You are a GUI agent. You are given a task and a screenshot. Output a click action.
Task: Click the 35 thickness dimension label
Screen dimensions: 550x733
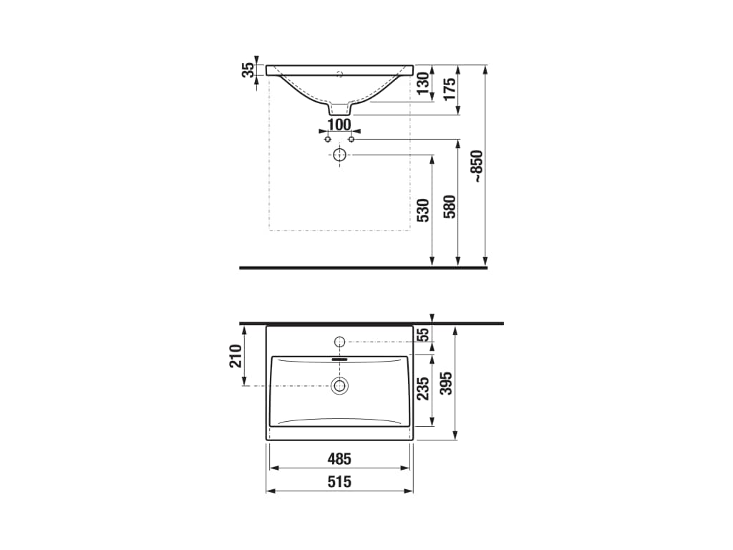(248, 70)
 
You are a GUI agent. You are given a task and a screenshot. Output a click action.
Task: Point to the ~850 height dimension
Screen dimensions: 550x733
(478, 166)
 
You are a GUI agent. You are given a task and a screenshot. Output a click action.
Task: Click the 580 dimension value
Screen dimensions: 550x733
(450, 206)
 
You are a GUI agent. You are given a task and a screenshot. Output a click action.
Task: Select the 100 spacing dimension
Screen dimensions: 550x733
(339, 125)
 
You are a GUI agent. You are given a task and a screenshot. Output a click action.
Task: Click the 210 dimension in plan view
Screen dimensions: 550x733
(236, 355)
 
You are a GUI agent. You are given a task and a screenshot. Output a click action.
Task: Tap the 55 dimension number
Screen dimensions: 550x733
(423, 334)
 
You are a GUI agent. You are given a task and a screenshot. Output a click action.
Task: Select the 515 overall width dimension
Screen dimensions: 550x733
(339, 482)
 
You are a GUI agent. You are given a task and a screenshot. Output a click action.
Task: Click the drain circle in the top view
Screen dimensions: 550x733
(339, 386)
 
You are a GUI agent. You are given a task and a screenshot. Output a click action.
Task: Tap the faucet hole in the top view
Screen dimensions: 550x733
(340, 341)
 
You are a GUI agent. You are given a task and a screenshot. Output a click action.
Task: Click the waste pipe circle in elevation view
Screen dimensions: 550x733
(339, 155)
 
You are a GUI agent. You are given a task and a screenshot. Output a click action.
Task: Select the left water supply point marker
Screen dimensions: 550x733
(328, 139)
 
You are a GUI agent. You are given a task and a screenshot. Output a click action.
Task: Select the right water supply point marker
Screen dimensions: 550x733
(351, 139)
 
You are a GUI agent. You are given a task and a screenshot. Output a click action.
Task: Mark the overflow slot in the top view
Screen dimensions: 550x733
(340, 360)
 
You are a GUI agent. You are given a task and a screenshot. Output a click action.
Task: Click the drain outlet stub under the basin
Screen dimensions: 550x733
(339, 109)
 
